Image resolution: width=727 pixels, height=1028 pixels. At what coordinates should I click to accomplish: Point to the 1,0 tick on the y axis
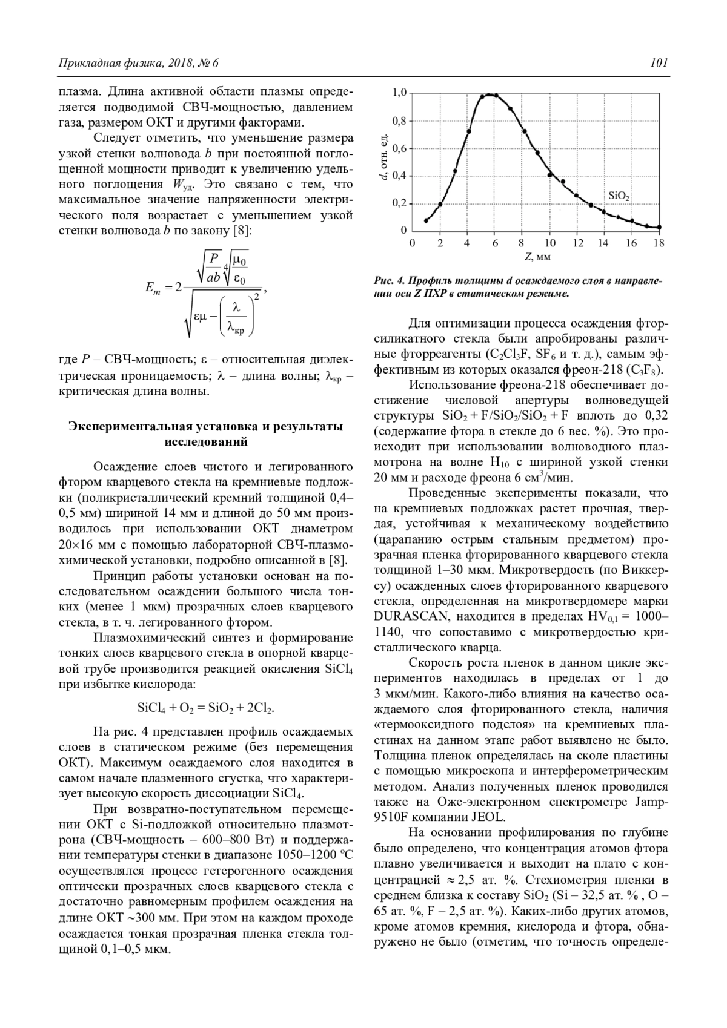(x=399, y=93)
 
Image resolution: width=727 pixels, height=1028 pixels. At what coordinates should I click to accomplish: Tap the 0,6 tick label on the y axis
(x=399, y=148)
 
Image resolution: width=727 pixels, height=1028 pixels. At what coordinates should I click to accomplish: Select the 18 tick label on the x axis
(x=659, y=243)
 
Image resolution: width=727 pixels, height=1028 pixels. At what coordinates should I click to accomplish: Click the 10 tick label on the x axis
(x=549, y=243)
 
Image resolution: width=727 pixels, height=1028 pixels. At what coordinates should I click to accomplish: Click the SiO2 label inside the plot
(x=619, y=196)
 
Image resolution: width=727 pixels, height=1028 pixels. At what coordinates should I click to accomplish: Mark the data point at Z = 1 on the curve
(x=426, y=220)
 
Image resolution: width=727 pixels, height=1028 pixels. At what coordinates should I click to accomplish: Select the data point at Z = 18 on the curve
(x=659, y=228)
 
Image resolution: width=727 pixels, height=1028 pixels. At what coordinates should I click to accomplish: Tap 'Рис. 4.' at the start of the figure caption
(x=389, y=282)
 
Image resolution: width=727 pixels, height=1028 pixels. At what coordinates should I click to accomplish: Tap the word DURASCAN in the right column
(x=412, y=617)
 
